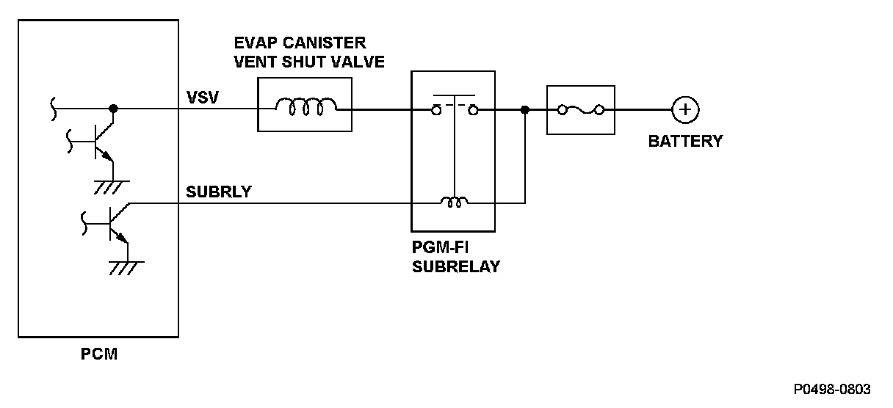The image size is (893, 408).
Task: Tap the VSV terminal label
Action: (x=203, y=97)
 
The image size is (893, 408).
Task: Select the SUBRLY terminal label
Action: (x=219, y=192)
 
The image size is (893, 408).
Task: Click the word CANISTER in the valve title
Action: (x=328, y=43)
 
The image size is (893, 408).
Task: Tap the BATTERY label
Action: (x=685, y=141)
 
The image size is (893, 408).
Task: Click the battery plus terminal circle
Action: (x=685, y=110)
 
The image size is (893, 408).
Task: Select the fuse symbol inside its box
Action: (x=581, y=110)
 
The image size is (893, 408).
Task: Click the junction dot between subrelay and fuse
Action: (x=524, y=110)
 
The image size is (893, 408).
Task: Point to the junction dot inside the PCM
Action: (x=112, y=109)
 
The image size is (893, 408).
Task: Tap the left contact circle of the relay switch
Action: (x=436, y=110)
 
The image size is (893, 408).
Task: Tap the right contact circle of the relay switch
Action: (x=474, y=110)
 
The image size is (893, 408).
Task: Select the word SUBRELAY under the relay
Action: (x=455, y=267)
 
